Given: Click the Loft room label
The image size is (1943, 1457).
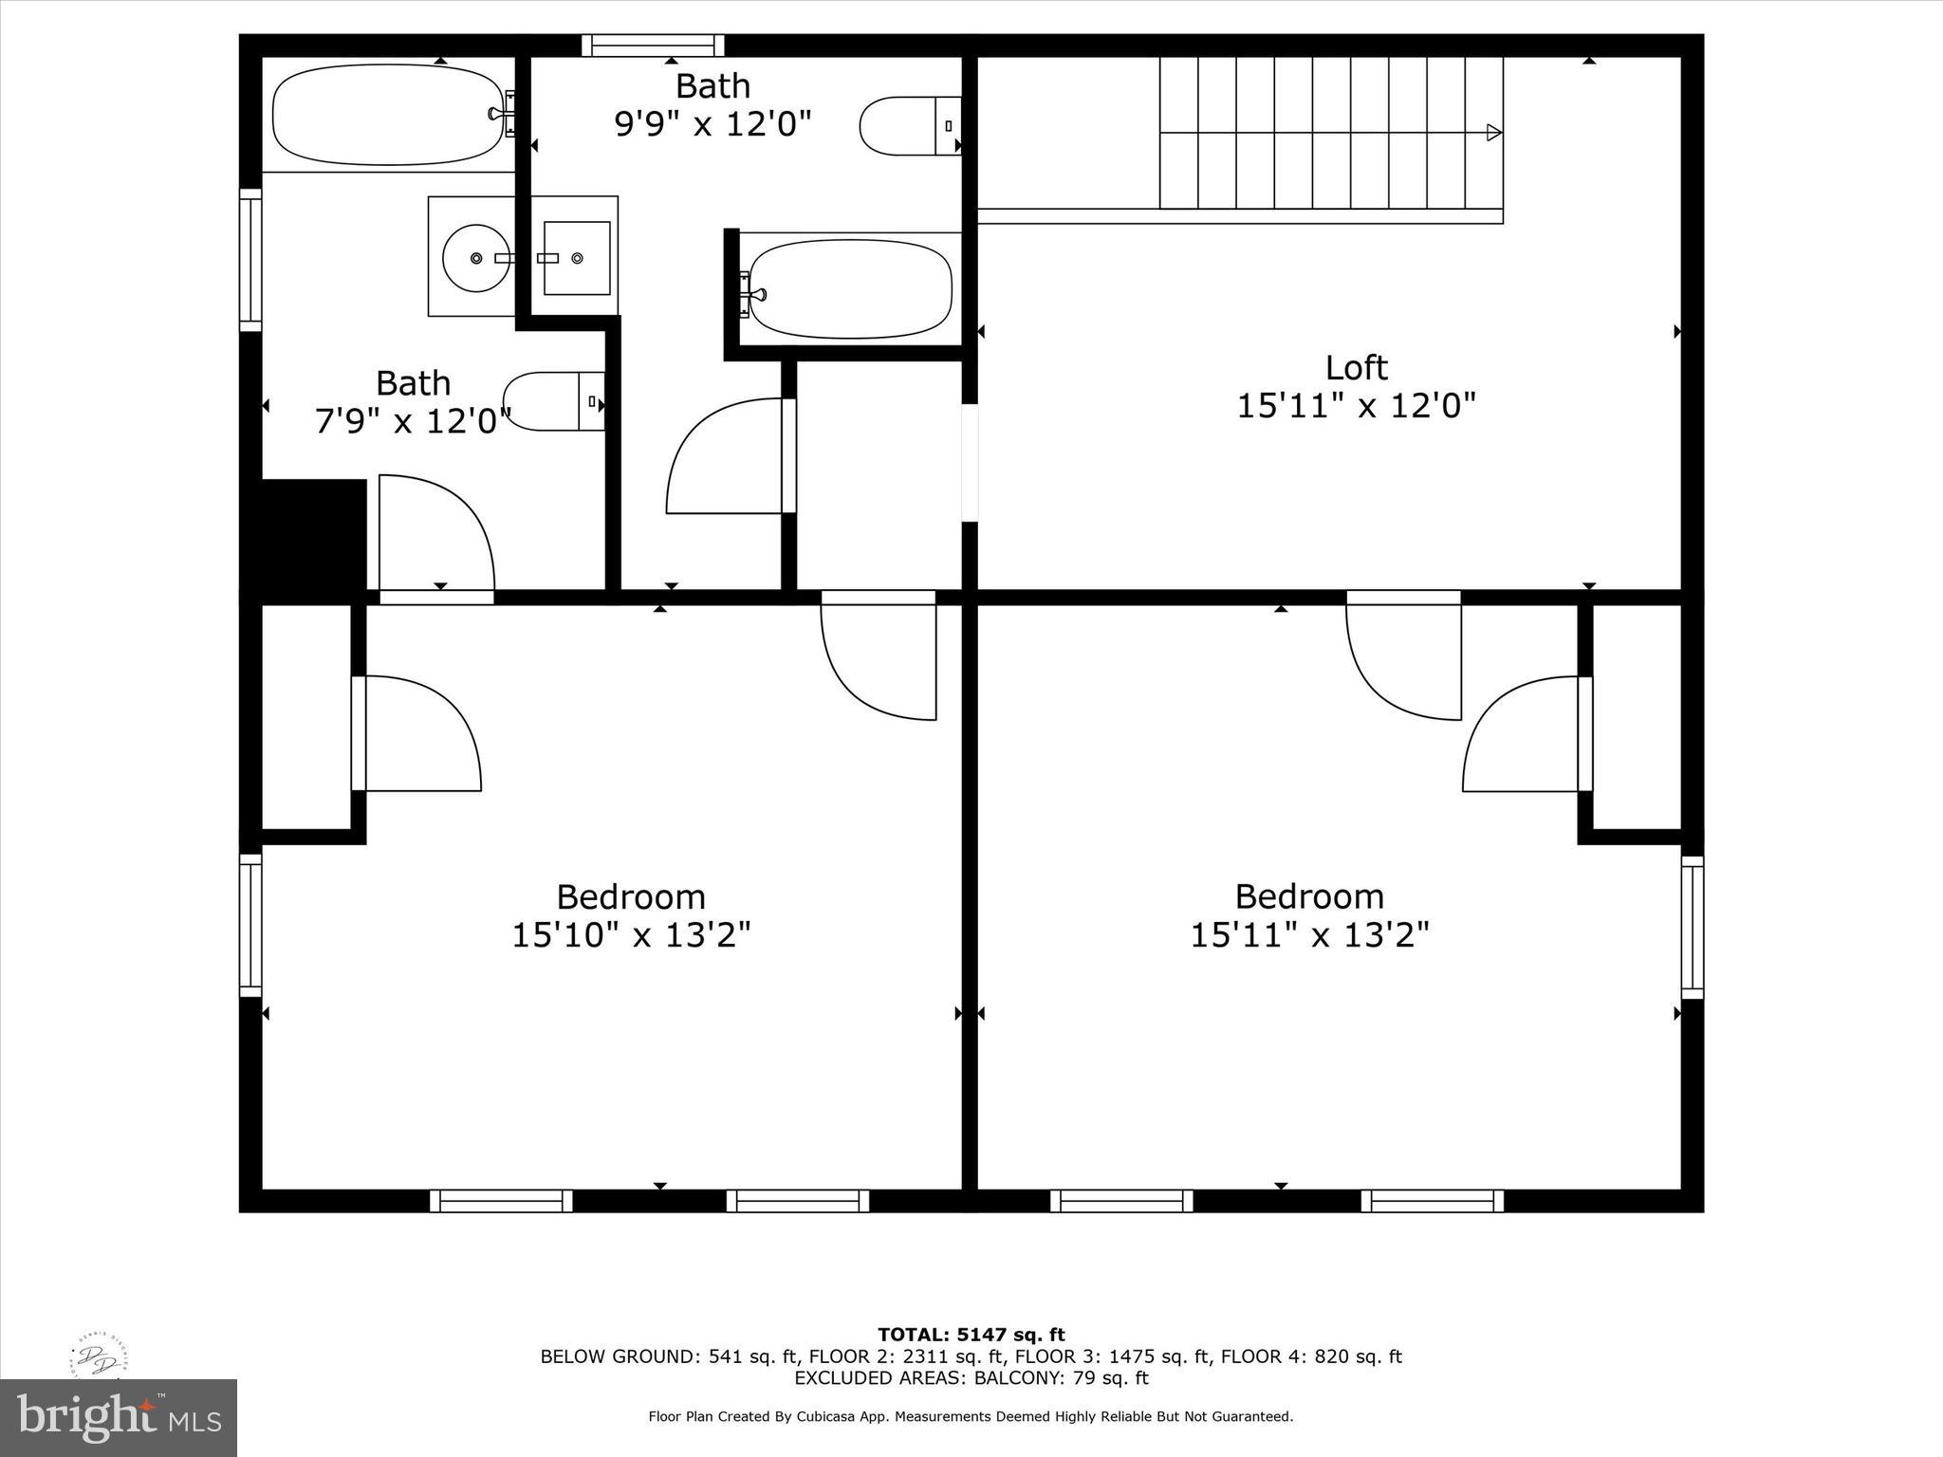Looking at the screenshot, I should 1356,368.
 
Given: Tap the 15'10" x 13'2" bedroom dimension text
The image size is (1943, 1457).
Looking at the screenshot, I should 631,935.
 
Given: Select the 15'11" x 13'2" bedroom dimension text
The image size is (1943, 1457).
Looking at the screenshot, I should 1309,935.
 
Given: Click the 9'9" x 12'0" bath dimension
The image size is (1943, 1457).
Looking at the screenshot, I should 712,124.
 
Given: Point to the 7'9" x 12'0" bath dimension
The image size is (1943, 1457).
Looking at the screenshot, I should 413,421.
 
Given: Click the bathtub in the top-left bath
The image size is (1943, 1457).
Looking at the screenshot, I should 388,115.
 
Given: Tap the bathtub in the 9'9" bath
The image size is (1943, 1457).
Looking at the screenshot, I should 850,288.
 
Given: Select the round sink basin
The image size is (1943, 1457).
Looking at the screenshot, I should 476,257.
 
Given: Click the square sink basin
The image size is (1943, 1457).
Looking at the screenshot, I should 577,258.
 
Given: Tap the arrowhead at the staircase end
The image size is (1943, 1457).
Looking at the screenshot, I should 1493,132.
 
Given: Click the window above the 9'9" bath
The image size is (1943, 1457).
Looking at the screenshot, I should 653,46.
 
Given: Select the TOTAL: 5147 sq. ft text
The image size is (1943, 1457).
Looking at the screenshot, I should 971,1336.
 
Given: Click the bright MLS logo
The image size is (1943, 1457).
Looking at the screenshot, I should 119,1417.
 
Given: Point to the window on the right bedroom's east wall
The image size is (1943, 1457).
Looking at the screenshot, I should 1692,927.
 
